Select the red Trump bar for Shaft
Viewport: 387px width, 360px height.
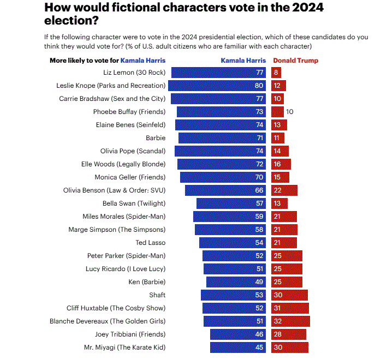click(x=289, y=295)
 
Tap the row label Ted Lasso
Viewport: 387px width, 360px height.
click(x=150, y=243)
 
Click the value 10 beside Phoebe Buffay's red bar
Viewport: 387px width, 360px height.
click(x=290, y=112)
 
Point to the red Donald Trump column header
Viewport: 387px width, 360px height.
click(x=295, y=61)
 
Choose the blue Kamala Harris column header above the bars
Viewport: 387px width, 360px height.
click(x=243, y=61)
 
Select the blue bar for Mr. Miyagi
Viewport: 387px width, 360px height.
click(x=238, y=347)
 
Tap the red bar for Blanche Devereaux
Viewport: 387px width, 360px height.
click(x=290, y=321)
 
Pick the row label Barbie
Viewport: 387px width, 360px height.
click(x=156, y=138)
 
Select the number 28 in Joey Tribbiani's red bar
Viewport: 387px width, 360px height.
click(x=277, y=334)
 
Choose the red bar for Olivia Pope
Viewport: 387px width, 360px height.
click(x=279, y=151)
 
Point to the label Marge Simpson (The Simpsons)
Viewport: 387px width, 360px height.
click(x=117, y=230)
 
